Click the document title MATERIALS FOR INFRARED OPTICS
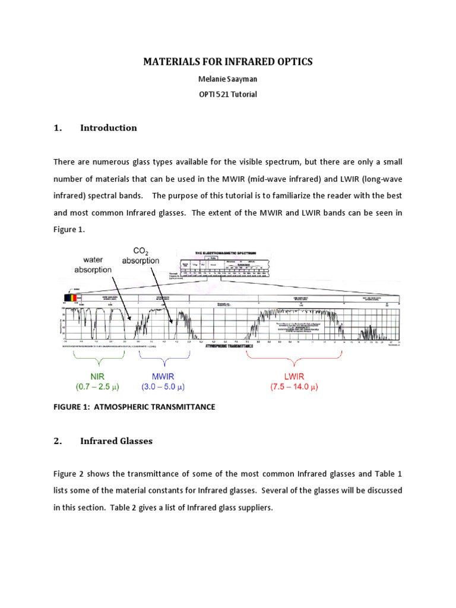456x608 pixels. point(227,61)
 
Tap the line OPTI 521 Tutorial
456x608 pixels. point(227,94)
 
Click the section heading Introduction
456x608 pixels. point(108,128)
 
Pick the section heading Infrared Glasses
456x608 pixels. point(116,441)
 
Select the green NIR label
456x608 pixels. point(97,376)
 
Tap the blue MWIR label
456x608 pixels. point(163,376)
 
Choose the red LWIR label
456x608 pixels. point(294,376)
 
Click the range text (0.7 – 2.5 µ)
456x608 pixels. point(97,387)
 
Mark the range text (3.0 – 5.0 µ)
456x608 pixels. point(163,387)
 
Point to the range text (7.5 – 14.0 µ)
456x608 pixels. point(294,387)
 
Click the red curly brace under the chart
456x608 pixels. point(294,354)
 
